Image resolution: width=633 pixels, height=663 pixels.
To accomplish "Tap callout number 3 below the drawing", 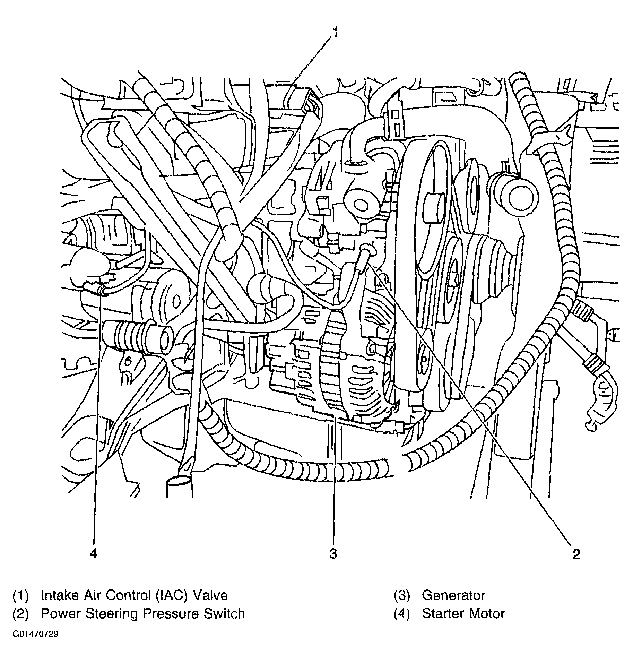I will tap(333, 554).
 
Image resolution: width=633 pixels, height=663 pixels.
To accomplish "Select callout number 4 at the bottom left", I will tap(94, 554).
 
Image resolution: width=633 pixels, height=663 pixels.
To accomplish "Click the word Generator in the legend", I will tap(453, 595).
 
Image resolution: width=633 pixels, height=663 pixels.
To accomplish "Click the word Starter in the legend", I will tap(441, 613).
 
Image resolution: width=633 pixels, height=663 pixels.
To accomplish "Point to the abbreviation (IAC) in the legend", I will tap(171, 595).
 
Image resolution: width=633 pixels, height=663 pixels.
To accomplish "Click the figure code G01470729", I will tap(35, 634).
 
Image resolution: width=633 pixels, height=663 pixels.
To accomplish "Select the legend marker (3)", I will tap(401, 595).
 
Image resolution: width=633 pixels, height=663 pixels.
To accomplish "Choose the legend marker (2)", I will tap(20, 613).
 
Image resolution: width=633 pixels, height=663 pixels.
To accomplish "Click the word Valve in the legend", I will tap(210, 595).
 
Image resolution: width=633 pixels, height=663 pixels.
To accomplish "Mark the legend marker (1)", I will tap(20, 595).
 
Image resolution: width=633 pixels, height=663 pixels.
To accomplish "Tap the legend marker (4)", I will tap(401, 613).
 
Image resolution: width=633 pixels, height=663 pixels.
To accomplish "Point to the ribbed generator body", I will tap(357, 374).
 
